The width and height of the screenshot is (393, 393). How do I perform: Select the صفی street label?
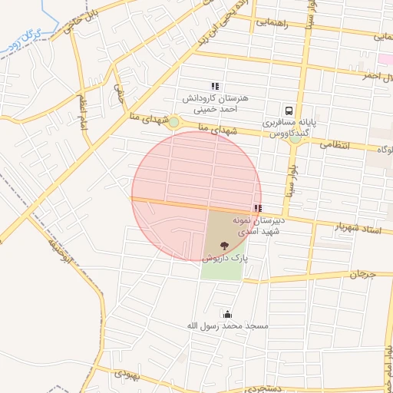pyautogui.click(x=119, y=91)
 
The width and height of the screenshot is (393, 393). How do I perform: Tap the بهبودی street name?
pyautogui.click(x=127, y=376)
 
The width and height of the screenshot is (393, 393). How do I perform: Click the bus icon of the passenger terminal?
pyautogui.click(x=289, y=111)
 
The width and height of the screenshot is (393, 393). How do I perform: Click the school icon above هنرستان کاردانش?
pyautogui.click(x=216, y=86)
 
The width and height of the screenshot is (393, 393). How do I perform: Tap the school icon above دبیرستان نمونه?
pyautogui.click(x=257, y=208)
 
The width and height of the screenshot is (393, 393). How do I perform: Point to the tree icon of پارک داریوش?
pyautogui.click(x=223, y=246)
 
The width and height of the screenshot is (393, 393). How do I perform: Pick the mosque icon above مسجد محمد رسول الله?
pyautogui.click(x=227, y=313)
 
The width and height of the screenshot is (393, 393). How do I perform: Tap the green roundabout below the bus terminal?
pyautogui.click(x=295, y=138)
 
